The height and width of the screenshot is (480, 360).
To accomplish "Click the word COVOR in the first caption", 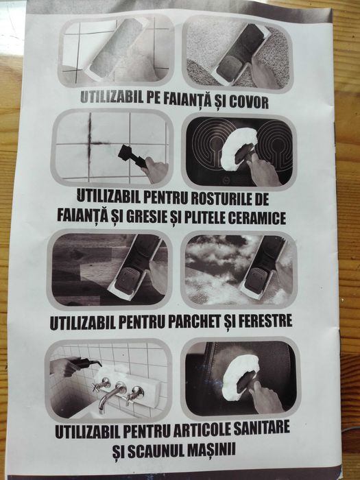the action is [x=248, y=102].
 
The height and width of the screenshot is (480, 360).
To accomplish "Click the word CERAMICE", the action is [x=257, y=217].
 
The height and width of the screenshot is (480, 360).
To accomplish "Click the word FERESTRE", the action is [x=265, y=320].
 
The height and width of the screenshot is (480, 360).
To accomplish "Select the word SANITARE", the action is [x=261, y=427].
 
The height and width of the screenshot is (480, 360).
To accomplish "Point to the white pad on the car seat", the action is [x=240, y=377].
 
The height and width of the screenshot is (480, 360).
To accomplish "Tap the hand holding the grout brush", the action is [x=155, y=169].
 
